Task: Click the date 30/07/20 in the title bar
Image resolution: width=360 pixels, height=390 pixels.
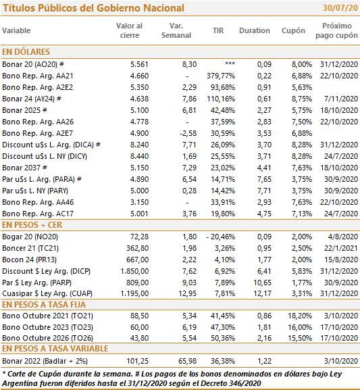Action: click(340, 8)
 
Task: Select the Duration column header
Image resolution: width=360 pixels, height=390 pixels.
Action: click(255, 30)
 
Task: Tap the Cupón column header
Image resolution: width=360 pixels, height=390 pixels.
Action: click(293, 30)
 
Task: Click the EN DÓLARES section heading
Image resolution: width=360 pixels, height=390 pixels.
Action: click(26, 52)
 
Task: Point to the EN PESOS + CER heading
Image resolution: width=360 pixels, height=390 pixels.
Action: click(32, 225)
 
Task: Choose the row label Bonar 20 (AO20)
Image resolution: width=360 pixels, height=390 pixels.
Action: click(30, 64)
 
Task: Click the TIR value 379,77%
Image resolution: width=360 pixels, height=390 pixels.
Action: click(221, 76)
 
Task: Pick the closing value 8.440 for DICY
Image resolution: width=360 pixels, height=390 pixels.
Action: click(139, 156)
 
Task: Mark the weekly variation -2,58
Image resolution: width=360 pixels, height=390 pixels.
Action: click(188, 133)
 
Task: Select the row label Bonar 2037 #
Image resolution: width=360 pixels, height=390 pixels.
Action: click(24, 168)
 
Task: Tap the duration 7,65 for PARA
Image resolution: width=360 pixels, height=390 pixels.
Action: click(264, 179)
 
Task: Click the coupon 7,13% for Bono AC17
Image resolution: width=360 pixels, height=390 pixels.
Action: click(302, 214)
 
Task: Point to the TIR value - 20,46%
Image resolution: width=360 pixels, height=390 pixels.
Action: click(220, 237)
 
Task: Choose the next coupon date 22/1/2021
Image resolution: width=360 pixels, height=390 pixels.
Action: click(341, 248)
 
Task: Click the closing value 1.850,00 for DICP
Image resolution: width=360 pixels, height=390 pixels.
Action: click(134, 271)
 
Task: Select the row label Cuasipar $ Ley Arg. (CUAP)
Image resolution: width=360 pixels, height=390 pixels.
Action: click(47, 293)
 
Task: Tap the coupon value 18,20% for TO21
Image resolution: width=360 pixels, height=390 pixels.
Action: click(300, 316)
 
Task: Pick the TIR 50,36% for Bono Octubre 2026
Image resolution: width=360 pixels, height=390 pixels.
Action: click(223, 338)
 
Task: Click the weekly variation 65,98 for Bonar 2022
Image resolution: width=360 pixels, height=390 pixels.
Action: click(188, 361)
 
